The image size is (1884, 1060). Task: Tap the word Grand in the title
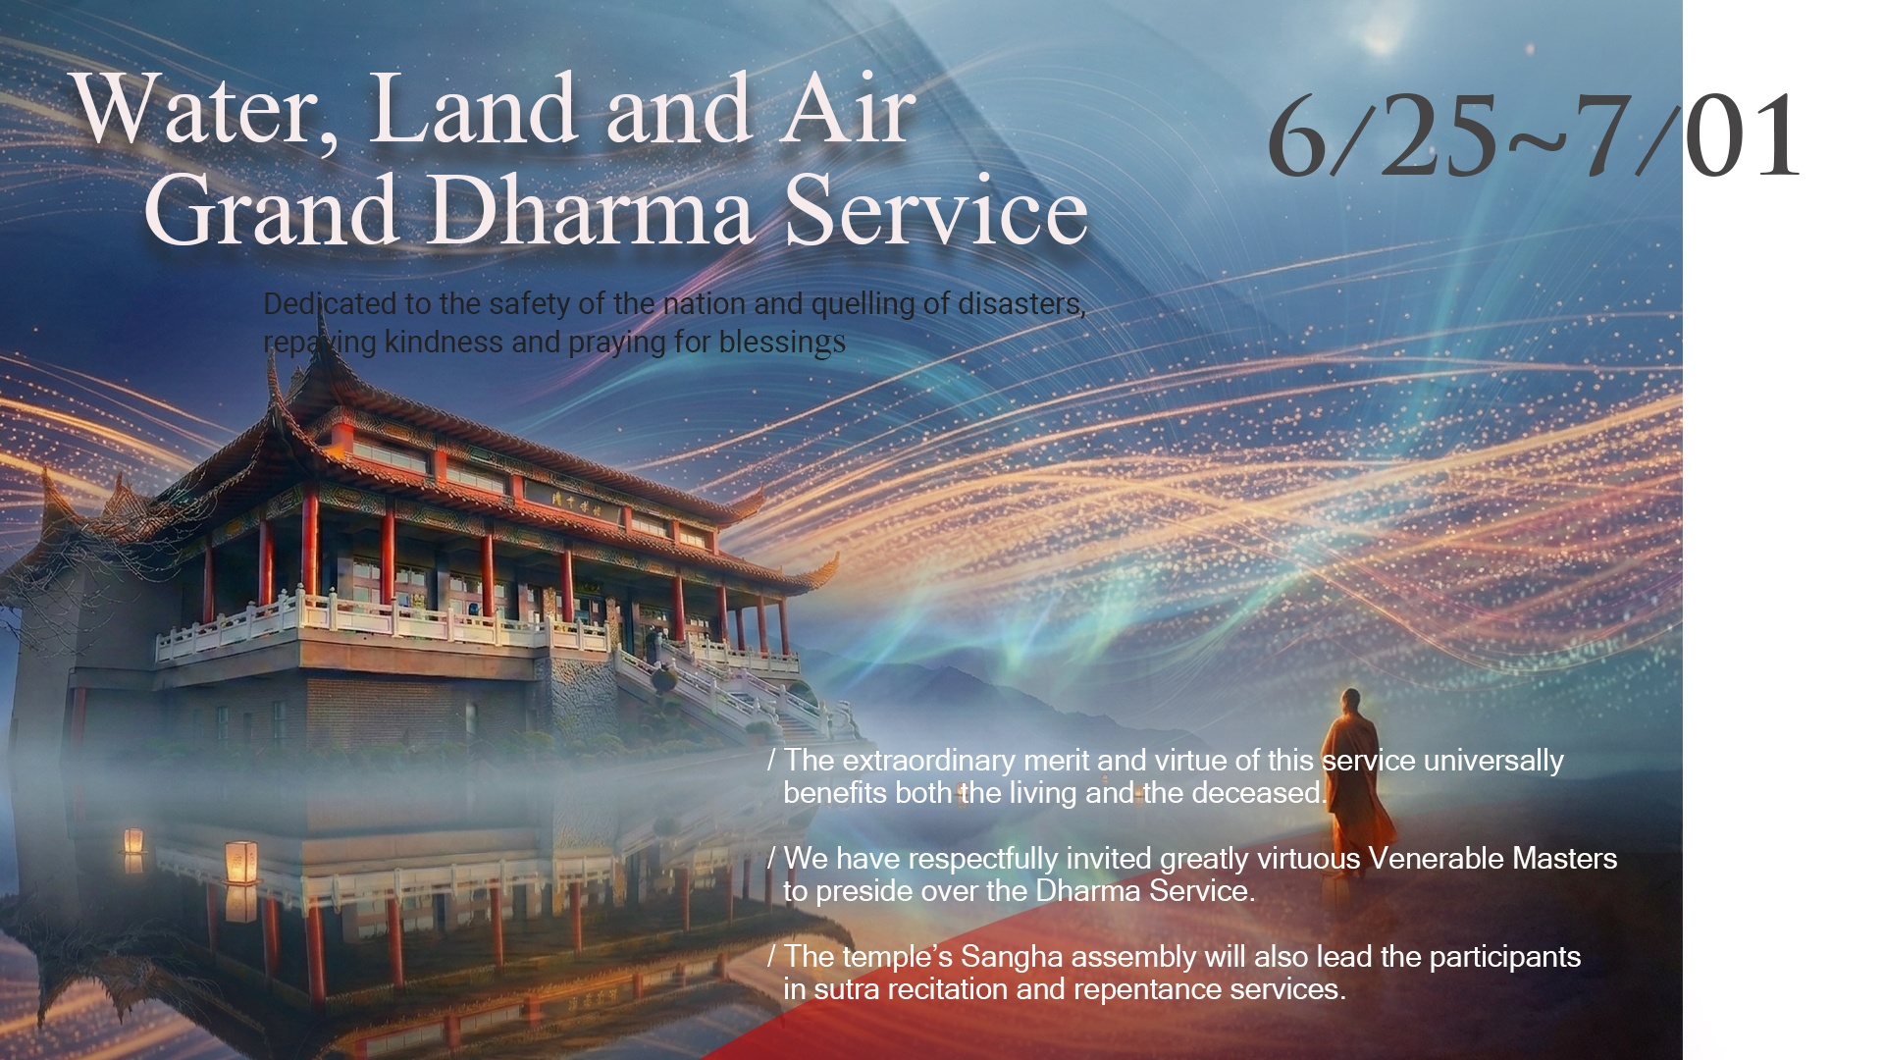pyautogui.click(x=270, y=210)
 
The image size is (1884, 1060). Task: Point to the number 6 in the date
pyautogui.click(x=1297, y=136)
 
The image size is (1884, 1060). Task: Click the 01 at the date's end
pyautogui.click(x=1743, y=136)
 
